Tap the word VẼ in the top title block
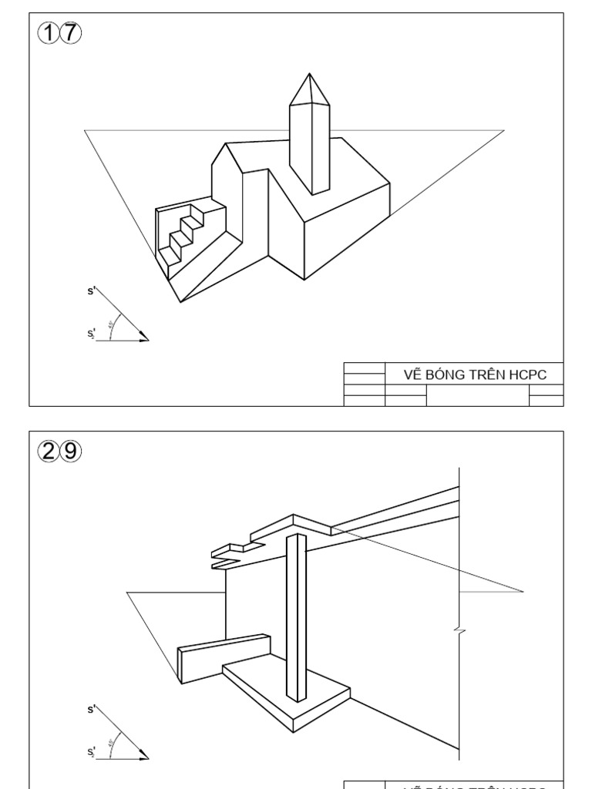coord(412,375)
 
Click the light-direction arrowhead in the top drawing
coord(144,336)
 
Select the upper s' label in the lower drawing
coord(92,709)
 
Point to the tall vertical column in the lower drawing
coord(297,616)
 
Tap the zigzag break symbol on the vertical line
coord(460,632)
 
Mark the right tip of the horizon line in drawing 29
coord(524,592)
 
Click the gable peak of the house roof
coord(225,143)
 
